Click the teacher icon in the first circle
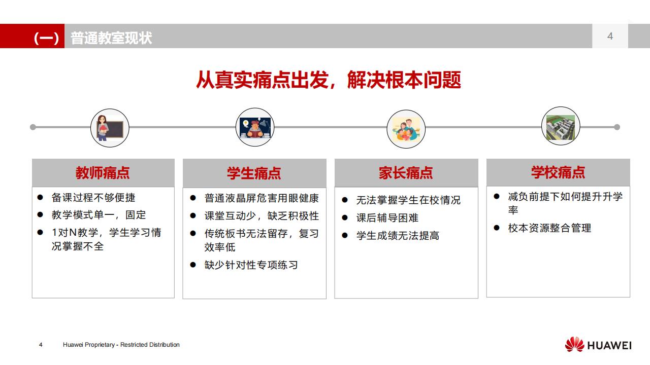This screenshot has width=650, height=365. [x=110, y=128]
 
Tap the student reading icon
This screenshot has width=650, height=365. [x=255, y=128]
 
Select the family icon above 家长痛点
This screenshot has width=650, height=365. [x=406, y=129]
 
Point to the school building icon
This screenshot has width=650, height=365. [x=560, y=126]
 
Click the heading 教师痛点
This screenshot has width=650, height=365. [x=103, y=173]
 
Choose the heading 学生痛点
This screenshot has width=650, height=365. [x=254, y=173]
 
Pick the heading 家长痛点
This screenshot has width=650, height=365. [x=406, y=173]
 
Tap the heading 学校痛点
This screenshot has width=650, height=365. [x=558, y=172]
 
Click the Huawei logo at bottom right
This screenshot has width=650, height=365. [x=598, y=345]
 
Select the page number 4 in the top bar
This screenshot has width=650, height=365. [x=610, y=36]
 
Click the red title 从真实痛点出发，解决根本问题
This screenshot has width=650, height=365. [x=329, y=81]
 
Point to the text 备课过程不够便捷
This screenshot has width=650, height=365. [x=93, y=198]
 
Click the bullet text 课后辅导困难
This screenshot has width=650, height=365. [x=387, y=218]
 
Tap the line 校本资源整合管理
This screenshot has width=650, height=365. [x=549, y=228]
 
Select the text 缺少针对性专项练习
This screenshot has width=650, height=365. [x=251, y=265]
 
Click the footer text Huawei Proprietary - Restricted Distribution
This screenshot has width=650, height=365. [x=121, y=345]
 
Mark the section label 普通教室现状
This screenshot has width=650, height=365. [x=111, y=38]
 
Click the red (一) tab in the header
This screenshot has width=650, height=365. [x=46, y=38]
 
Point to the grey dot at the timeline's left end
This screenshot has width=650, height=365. [x=33, y=127]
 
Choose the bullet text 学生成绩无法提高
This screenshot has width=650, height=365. [x=398, y=236]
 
